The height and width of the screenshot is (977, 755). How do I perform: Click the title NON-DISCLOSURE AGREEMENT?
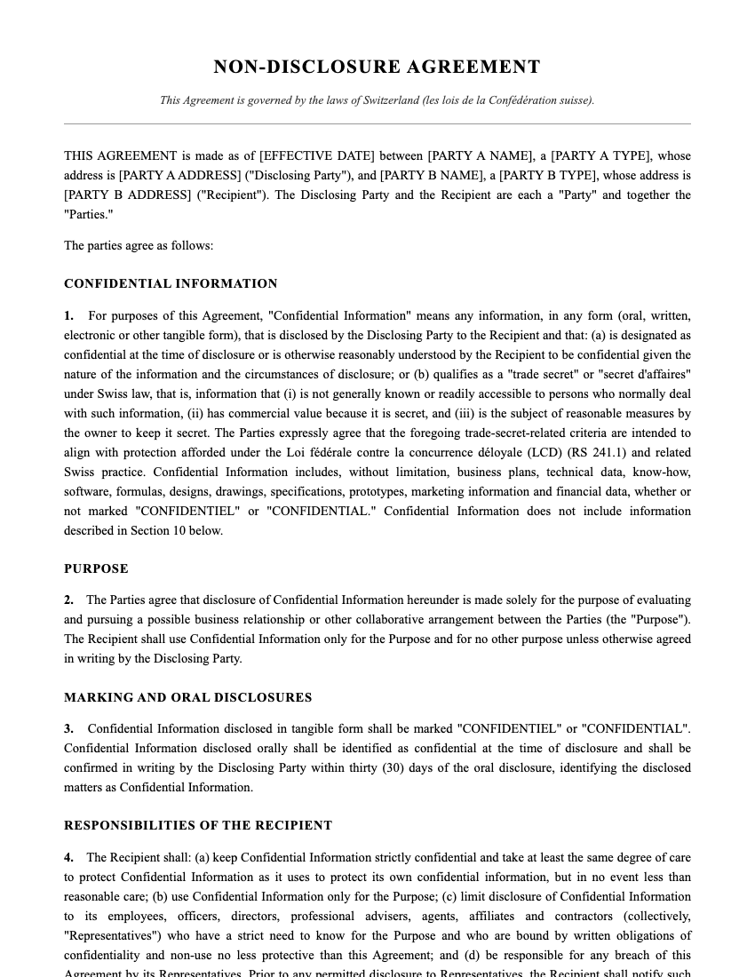tap(377, 67)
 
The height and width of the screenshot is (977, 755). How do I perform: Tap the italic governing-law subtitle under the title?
tap(377, 100)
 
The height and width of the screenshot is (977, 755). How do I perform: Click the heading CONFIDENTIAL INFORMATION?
tap(171, 284)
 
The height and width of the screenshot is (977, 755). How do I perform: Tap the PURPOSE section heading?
tap(96, 568)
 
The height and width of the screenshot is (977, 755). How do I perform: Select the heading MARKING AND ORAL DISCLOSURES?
tap(187, 697)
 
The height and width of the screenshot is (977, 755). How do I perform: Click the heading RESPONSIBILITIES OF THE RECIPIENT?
tap(198, 825)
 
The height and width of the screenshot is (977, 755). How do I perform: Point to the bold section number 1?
tap(68, 316)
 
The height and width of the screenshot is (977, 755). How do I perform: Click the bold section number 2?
tap(68, 600)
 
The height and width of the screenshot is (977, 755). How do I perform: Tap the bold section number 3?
tap(68, 729)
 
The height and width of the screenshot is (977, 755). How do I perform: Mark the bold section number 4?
tap(68, 858)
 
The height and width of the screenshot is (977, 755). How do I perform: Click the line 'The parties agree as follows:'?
tap(139, 245)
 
